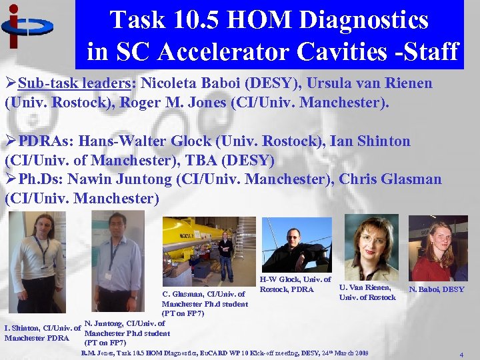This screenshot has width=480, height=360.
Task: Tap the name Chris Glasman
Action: click(390, 179)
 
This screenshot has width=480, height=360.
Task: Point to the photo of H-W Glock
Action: click(295, 244)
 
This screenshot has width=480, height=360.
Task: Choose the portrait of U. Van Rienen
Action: click(371, 247)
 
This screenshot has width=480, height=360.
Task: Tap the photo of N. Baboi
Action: click(438, 247)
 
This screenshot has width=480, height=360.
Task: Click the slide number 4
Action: click(461, 356)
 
